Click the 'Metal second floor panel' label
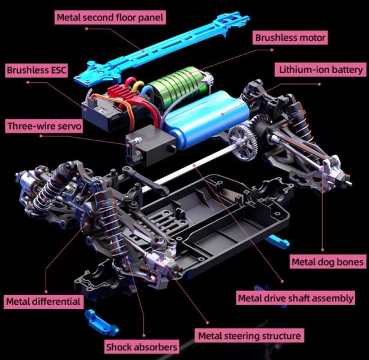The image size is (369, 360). click(110, 17)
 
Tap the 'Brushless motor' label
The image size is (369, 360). click(290, 38)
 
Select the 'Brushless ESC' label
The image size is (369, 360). click(36, 70)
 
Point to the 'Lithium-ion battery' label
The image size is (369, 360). click(320, 70)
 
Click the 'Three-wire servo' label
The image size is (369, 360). click(44, 126)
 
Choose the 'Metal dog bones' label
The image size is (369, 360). click(328, 262)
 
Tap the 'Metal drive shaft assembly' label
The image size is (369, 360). click(296, 298)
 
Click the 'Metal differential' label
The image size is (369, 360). click(44, 302)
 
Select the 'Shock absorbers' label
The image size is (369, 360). click(142, 347)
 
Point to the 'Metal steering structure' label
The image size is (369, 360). click(250, 335)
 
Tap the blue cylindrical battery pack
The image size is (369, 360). click(205, 119)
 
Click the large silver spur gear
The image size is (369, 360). click(243, 143)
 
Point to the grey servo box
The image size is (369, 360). click(151, 145)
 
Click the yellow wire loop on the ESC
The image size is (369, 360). click(138, 86)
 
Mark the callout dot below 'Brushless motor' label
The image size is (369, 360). click(272, 50)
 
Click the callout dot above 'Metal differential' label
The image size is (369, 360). click(46, 292)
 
